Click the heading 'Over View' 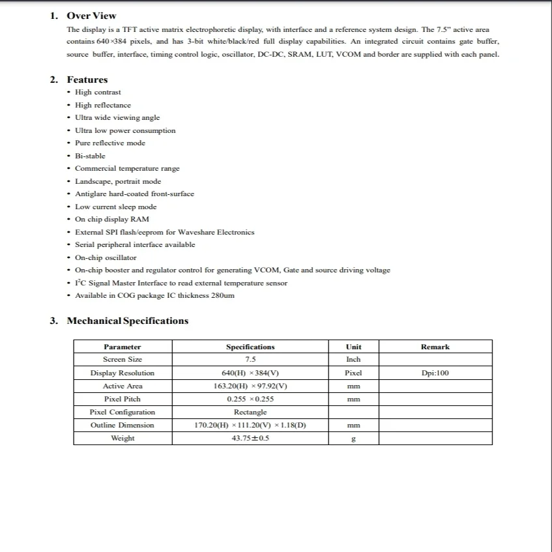click(91, 16)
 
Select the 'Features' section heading click(87, 80)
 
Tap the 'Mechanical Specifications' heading click(127, 321)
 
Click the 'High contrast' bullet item click(98, 93)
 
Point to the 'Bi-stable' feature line click(90, 156)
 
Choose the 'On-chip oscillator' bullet click(106, 257)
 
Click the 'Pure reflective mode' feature click(110, 143)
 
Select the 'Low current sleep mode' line click(115, 207)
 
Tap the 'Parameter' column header click(123, 347)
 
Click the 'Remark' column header click(435, 347)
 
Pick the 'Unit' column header click(353, 347)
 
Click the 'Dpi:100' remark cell click(435, 373)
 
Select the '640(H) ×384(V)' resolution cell click(250, 373)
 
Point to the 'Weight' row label click(123, 438)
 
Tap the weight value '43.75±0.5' click(250, 438)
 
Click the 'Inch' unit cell click(353, 360)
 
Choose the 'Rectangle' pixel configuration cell click(250, 412)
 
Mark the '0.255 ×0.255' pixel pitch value click(250, 399)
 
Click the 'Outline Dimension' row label click(123, 425)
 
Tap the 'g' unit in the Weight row click(353, 439)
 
